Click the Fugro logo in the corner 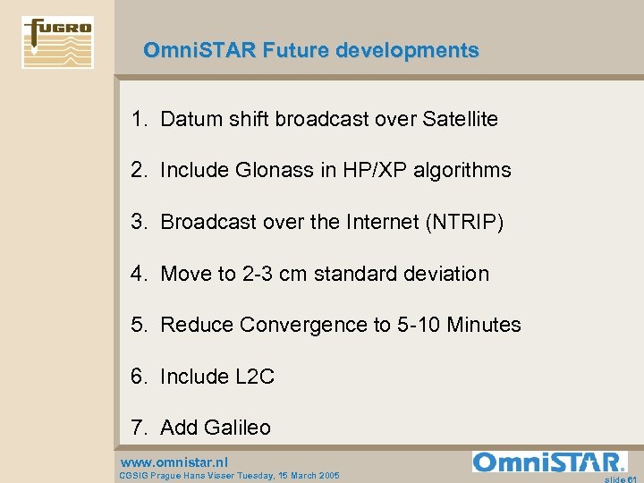coord(58,42)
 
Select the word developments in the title coord(407,51)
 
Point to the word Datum coord(191,119)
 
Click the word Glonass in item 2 coord(281,170)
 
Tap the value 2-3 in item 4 coord(258,274)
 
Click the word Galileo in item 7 coord(237,428)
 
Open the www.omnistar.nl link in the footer coord(174,462)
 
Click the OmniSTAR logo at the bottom coord(549,462)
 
